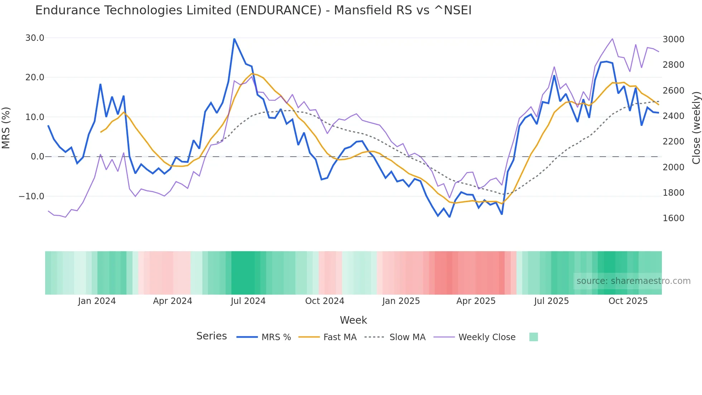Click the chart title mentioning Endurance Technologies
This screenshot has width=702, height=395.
click(253, 10)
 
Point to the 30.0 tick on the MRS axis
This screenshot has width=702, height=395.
click(35, 38)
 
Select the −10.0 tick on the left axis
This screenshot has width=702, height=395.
click(32, 196)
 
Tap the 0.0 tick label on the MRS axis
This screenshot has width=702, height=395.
click(37, 157)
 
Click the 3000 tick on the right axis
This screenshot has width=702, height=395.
click(673, 39)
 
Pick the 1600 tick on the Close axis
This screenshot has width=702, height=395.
click(673, 218)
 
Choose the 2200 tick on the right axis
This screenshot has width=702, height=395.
click(673, 142)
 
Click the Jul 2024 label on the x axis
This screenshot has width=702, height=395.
click(248, 301)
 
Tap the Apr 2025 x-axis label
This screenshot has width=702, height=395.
click(476, 301)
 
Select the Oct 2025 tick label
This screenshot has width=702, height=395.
click(628, 301)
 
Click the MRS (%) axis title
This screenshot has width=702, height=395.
click(6, 128)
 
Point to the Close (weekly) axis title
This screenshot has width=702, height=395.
click(696, 128)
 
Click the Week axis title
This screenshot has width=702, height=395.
click(353, 320)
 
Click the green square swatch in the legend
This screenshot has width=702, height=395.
click(533, 337)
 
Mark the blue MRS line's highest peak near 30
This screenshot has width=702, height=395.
click(234, 39)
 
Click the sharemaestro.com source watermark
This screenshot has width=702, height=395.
click(633, 281)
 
